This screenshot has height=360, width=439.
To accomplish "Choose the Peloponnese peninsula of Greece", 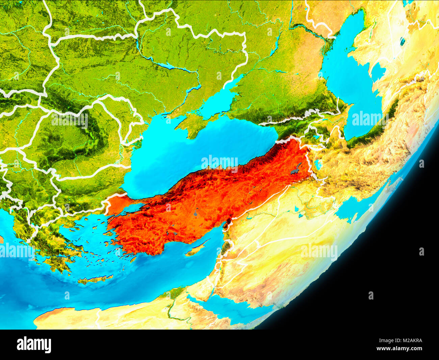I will click(x=57, y=260).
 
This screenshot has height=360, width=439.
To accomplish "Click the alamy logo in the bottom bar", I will click(x=34, y=345).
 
